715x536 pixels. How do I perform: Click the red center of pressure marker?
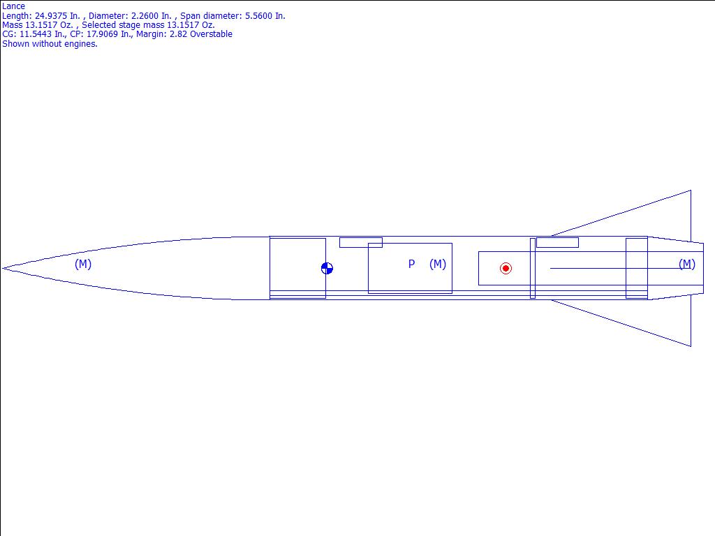pyautogui.click(x=506, y=269)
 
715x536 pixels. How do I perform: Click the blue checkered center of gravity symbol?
pyautogui.click(x=327, y=269)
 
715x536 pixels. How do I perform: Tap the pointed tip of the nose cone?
pyautogui.click(x=3, y=269)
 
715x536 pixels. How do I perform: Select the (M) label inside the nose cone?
pyautogui.click(x=83, y=264)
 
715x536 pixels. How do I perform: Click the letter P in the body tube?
pyautogui.click(x=411, y=264)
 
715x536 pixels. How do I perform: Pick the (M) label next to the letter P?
pyautogui.click(x=438, y=264)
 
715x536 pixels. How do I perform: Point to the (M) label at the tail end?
pyautogui.click(x=687, y=264)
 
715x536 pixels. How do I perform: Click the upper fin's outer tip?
pyautogui.click(x=691, y=191)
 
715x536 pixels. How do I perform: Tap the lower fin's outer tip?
pyautogui.click(x=691, y=346)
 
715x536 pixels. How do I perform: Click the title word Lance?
pyautogui.click(x=14, y=6)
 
